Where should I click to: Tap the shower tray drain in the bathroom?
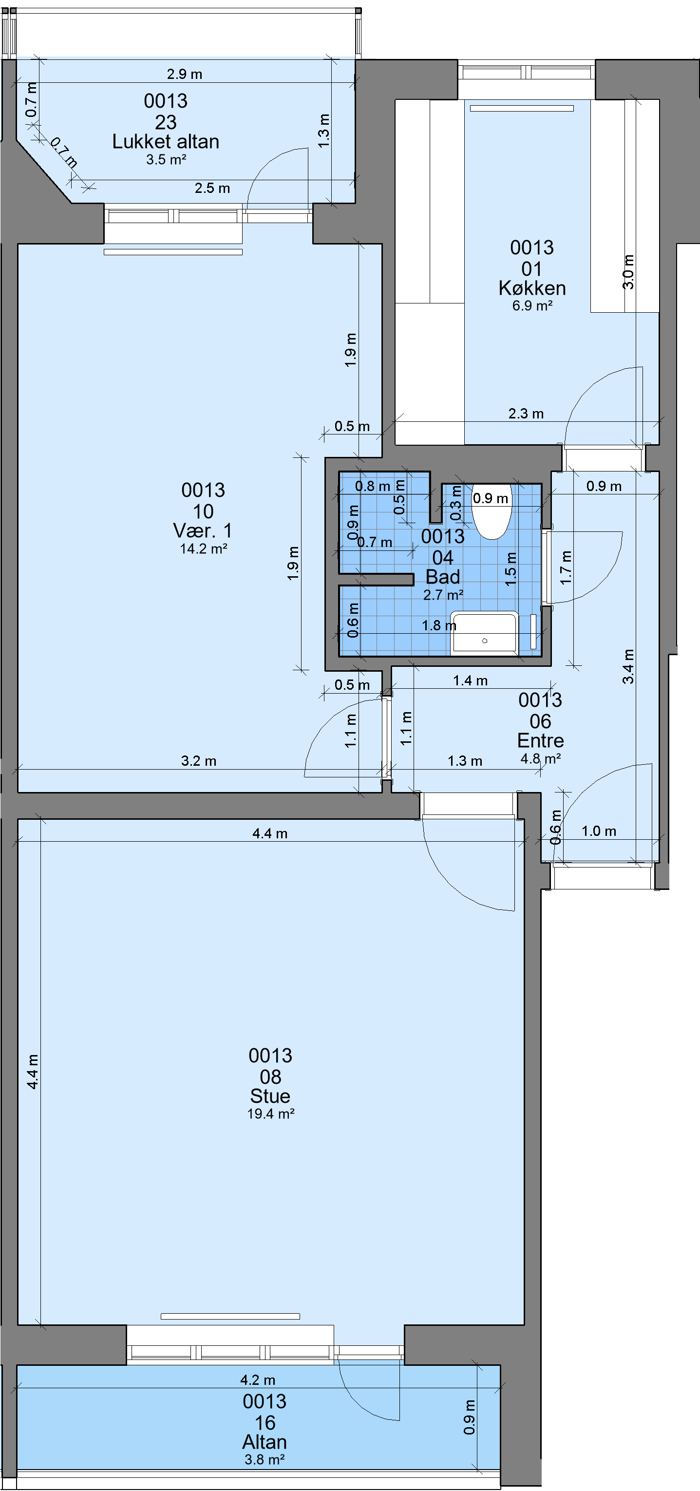click(485, 641)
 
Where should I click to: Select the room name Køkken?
click(532, 288)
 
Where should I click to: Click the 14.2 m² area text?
click(203, 548)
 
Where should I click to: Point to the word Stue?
click(270, 1095)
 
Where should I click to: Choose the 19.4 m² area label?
click(271, 1114)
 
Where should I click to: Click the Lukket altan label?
click(166, 142)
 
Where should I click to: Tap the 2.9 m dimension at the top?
click(185, 74)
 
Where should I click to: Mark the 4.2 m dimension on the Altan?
click(258, 1380)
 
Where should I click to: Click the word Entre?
click(540, 740)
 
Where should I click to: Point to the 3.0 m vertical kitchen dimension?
click(629, 272)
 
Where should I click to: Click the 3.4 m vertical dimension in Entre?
click(629, 666)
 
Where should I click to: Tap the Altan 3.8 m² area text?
click(265, 1460)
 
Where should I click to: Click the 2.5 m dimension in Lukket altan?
click(212, 188)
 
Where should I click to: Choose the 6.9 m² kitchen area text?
click(532, 305)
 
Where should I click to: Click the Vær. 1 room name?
click(203, 530)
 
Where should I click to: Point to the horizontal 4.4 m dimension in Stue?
click(270, 833)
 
